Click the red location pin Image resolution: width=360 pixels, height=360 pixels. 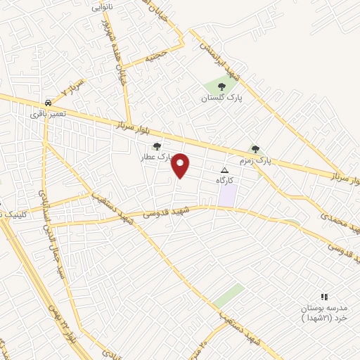coord(181,165)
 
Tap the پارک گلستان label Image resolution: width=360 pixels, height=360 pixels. coord(221,98)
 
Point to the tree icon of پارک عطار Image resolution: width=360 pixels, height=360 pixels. coord(156,146)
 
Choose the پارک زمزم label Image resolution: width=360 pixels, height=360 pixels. coord(255,161)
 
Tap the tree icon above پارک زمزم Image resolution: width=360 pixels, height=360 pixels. coord(255,149)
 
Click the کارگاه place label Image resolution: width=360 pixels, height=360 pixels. coord(225,181)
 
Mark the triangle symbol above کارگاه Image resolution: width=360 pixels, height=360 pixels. coord(225,170)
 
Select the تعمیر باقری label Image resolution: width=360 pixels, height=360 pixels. coord(48,113)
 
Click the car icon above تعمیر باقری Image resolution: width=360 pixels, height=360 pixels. coord(47,102)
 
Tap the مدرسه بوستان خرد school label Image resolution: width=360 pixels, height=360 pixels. coord(324,312)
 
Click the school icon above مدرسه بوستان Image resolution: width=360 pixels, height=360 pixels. coord(324,297)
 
